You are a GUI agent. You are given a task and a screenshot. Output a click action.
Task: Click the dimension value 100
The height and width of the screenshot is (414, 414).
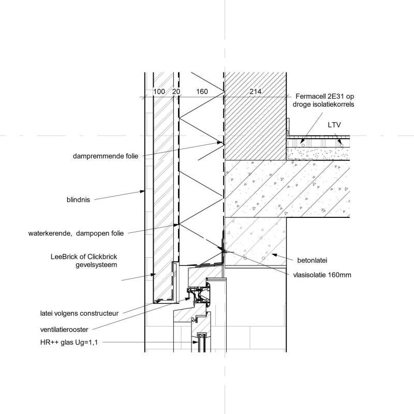click(159, 92)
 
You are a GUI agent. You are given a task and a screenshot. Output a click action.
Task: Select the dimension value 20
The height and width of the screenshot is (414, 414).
click(175, 92)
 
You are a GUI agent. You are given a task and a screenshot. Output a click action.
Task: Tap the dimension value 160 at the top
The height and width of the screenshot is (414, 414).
click(202, 92)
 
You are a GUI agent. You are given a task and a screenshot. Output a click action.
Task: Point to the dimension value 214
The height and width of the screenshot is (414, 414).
click(256, 92)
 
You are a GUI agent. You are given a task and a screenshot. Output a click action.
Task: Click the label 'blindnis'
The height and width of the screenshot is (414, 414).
click(78, 198)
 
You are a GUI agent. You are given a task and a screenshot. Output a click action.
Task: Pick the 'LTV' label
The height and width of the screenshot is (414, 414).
click(334, 125)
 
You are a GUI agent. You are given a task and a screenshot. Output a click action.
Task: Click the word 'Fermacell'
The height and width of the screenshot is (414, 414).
click(313, 97)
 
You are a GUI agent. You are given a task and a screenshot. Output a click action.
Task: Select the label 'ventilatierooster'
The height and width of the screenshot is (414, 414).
click(66, 328)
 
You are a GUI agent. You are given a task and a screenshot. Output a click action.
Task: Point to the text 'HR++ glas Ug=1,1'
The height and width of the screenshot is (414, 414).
click(69, 342)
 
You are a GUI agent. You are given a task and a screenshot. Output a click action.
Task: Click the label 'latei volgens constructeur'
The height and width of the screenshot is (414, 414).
click(79, 313)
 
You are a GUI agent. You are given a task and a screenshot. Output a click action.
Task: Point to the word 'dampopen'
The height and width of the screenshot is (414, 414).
click(93, 233)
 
